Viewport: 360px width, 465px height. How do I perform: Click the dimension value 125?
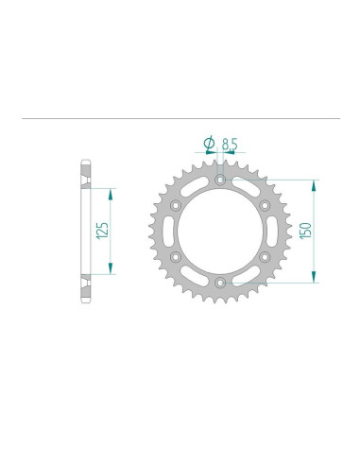(x=101, y=230)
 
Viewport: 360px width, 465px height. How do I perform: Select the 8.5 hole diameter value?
(x=230, y=144)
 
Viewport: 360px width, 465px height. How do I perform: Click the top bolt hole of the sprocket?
(x=219, y=178)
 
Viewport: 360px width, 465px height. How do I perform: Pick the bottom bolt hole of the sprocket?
(x=219, y=282)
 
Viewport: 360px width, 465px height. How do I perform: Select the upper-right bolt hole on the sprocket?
(x=265, y=204)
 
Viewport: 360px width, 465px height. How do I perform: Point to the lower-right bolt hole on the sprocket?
(x=265, y=256)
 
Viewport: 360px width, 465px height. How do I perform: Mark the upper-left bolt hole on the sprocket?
(x=175, y=204)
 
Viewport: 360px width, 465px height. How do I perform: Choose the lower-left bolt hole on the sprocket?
(x=175, y=256)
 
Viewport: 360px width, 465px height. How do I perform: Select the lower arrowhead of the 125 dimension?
(x=112, y=267)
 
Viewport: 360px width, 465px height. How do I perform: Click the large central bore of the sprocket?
(x=219, y=230)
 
